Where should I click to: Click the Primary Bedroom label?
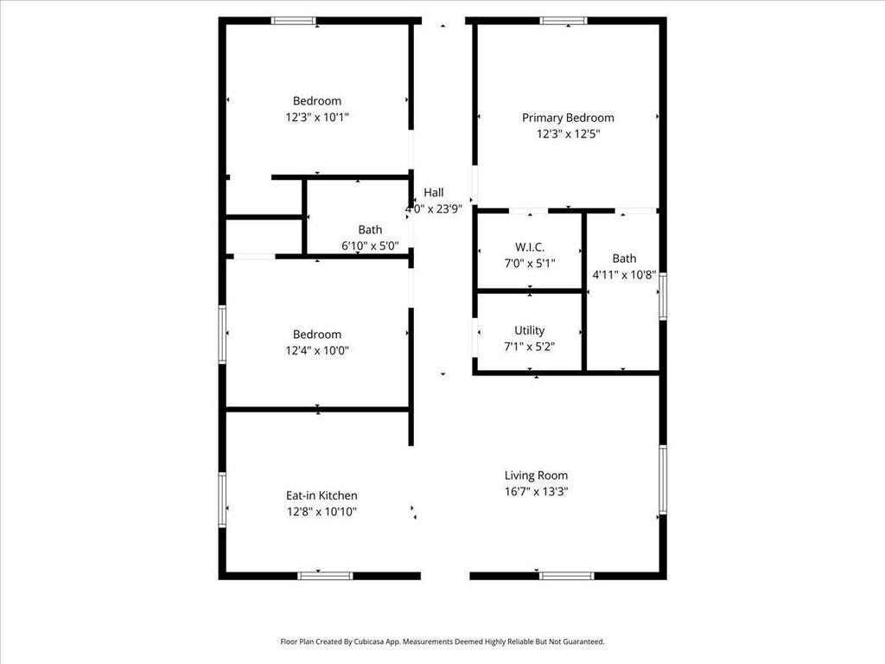pyautogui.click(x=568, y=118)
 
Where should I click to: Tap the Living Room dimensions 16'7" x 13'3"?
pyautogui.click(x=536, y=491)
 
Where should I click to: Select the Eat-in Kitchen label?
pyautogui.click(x=322, y=495)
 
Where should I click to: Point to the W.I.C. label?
pyautogui.click(x=530, y=246)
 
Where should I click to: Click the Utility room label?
pyautogui.click(x=530, y=330)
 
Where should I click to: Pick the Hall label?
pyautogui.click(x=434, y=193)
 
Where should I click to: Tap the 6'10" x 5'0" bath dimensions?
pyautogui.click(x=370, y=246)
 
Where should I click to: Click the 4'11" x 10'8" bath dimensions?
pyautogui.click(x=624, y=275)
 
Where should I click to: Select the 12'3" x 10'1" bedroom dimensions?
pyautogui.click(x=317, y=117)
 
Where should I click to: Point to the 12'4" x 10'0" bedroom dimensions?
pyautogui.click(x=317, y=350)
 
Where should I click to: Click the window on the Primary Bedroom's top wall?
pyautogui.click(x=563, y=21)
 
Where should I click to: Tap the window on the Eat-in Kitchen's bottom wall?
pyautogui.click(x=325, y=576)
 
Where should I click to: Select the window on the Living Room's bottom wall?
pyautogui.click(x=567, y=576)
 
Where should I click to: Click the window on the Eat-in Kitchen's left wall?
pyautogui.click(x=222, y=500)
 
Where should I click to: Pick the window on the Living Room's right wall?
pyautogui.click(x=663, y=479)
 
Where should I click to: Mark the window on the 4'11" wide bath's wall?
pyautogui.click(x=663, y=297)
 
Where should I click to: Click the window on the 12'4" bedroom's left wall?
pyautogui.click(x=222, y=335)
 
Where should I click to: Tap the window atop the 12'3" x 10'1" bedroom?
pyautogui.click(x=294, y=21)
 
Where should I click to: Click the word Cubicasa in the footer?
pyautogui.click(x=370, y=642)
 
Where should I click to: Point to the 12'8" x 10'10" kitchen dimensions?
pyautogui.click(x=322, y=512)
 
